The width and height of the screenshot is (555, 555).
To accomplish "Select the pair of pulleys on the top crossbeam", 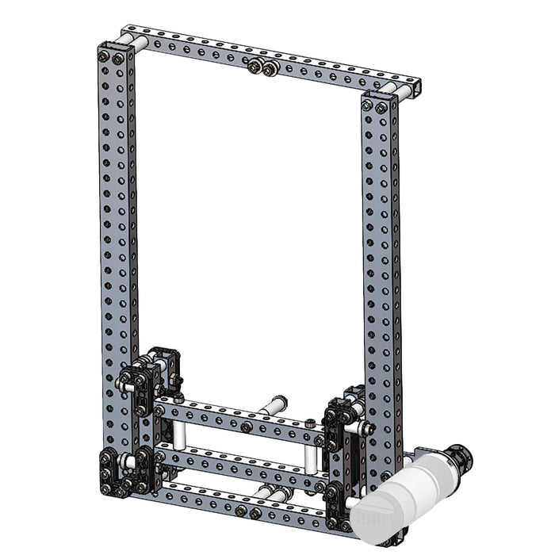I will pyautogui.click(x=262, y=68).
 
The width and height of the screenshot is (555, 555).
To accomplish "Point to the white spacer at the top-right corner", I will pyautogui.click(x=401, y=90).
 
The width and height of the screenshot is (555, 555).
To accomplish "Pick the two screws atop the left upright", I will pyautogui.click(x=112, y=57).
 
